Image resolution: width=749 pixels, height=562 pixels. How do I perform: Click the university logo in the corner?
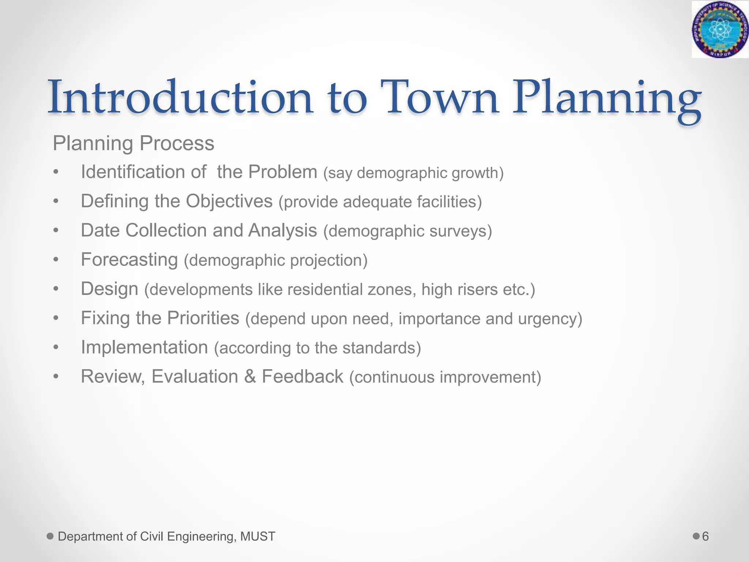(720, 29)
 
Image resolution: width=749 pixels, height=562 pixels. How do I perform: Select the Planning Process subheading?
(133, 143)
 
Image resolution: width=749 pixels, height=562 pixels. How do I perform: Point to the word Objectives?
(229, 201)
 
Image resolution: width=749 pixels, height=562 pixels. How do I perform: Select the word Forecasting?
(129, 260)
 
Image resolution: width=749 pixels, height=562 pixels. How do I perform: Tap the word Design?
(109, 289)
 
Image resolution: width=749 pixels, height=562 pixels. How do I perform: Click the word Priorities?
(203, 318)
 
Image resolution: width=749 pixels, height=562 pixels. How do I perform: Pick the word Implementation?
(144, 347)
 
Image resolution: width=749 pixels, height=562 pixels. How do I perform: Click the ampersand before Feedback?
(250, 376)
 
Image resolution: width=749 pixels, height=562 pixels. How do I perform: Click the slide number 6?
(705, 536)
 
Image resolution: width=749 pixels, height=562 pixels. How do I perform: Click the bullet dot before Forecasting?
(56, 260)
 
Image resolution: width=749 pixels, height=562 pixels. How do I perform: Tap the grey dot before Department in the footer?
(50, 536)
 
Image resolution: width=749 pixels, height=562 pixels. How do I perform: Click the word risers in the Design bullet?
(478, 290)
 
